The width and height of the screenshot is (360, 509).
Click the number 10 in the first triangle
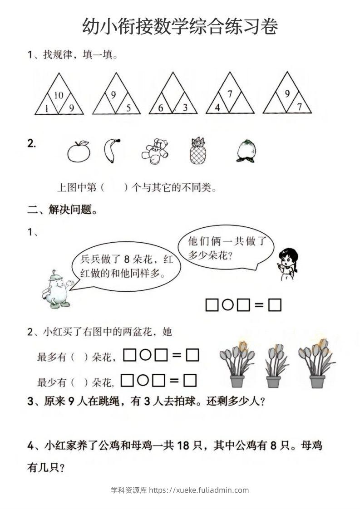point(59,95)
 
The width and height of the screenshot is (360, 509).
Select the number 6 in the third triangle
point(161,108)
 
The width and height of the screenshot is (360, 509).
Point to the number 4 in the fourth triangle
point(217,108)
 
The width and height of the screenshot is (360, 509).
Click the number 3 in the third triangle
point(185,108)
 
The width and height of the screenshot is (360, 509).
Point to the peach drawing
point(246,151)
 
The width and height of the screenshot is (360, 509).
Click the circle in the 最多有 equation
point(145,355)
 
